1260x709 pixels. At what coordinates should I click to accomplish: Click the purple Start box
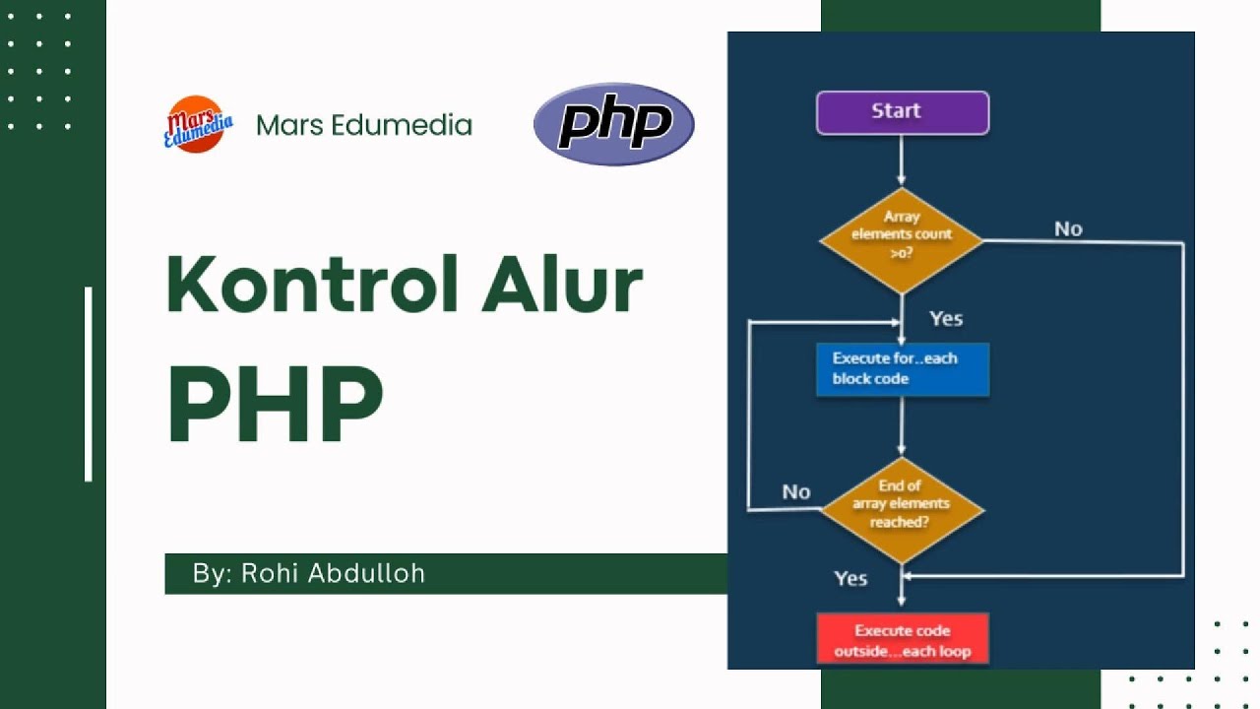(x=902, y=112)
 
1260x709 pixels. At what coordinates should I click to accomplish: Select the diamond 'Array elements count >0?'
(x=901, y=240)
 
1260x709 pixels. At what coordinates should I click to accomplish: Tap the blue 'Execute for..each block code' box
(x=902, y=369)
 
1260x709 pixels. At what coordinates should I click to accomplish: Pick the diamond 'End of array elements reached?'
(x=902, y=509)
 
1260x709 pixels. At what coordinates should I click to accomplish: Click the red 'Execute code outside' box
(x=902, y=640)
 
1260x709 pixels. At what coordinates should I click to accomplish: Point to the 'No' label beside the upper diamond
(x=1068, y=229)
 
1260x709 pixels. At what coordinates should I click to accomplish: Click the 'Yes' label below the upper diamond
(x=945, y=319)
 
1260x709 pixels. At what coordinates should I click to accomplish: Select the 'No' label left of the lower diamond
(x=795, y=491)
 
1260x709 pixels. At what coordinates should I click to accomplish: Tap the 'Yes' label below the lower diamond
(x=850, y=578)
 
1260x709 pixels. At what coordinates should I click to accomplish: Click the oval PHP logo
(x=613, y=124)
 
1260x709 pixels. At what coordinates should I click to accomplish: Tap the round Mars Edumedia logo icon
(x=196, y=124)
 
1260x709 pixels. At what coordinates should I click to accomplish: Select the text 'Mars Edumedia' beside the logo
(x=364, y=125)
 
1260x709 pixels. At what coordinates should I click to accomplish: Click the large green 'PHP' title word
(x=275, y=405)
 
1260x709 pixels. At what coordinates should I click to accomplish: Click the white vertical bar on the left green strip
(x=89, y=384)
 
